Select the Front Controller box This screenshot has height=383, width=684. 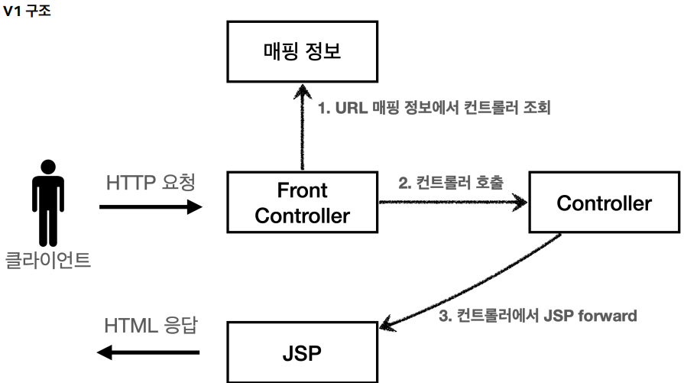click(x=302, y=202)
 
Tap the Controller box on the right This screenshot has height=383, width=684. click(x=605, y=203)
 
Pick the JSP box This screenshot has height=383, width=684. click(x=302, y=355)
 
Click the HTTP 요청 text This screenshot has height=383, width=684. click(x=151, y=183)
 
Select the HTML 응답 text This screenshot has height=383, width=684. click(x=151, y=325)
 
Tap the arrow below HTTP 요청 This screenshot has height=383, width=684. click(x=151, y=206)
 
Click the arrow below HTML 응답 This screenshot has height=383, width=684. click(x=151, y=352)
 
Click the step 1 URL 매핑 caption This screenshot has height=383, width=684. click(x=434, y=108)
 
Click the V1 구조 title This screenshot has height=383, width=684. click(x=27, y=11)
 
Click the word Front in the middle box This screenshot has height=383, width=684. click(x=302, y=189)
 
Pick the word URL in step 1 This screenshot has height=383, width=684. click(x=351, y=108)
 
